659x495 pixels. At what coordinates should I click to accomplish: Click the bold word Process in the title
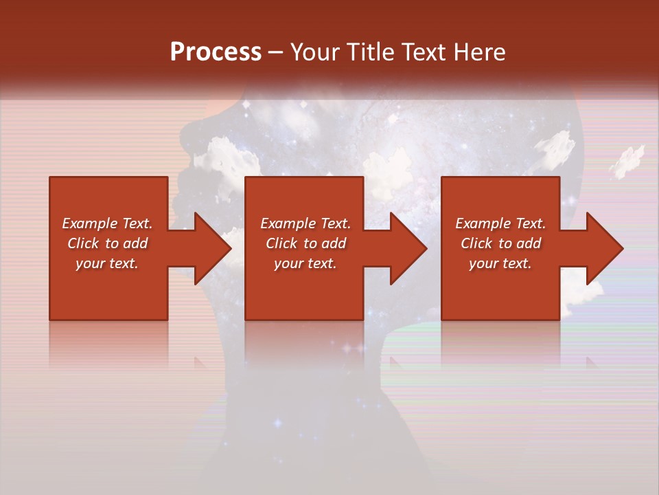pos(216,52)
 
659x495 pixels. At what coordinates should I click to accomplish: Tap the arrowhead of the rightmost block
pos(603,248)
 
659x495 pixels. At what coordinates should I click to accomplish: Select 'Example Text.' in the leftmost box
pos(108,223)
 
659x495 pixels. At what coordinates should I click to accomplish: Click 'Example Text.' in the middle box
pos(305,223)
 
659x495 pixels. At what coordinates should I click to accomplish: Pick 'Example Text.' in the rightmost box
pos(500,223)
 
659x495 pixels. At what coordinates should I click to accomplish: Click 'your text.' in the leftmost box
pos(107,263)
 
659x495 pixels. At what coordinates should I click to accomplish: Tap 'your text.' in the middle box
pos(305,263)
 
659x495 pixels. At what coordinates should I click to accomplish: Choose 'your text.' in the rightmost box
pos(500,263)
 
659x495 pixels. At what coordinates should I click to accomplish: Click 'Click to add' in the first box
pos(108,243)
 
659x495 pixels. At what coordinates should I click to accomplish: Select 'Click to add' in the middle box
pos(305,243)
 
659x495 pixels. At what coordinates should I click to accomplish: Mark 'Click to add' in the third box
pos(500,243)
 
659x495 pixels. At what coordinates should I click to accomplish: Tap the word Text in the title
pos(424,52)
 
